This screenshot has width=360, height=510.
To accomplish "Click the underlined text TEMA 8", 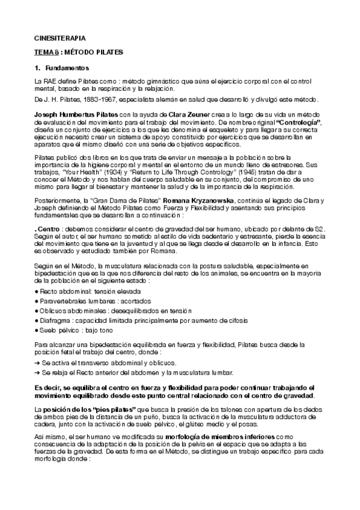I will click(x=46, y=52).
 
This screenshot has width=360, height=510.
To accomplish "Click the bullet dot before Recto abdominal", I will click(x=37, y=290).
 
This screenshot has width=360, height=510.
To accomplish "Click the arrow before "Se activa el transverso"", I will click(x=38, y=363).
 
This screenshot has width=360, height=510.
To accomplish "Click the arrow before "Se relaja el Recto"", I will click(x=38, y=373).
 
